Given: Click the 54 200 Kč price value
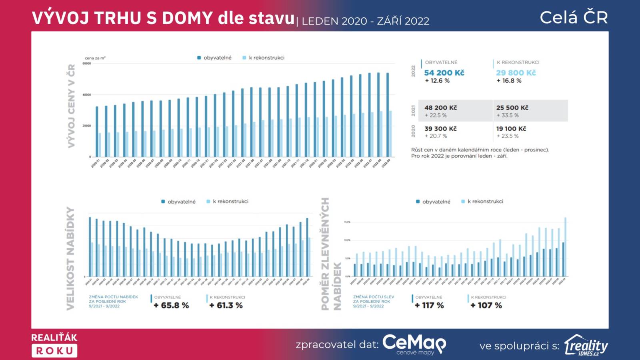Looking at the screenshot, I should tap(444, 73).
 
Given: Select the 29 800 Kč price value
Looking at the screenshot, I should tap(516, 73).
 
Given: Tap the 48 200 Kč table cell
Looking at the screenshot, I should tap(440, 108).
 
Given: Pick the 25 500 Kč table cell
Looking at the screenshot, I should tap(512, 108).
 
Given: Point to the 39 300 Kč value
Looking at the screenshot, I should tap(440, 129).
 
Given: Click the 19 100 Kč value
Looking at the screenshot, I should tap(511, 129).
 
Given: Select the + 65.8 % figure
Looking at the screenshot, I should tap(171, 306).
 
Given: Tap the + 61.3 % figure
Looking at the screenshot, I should tap(226, 306).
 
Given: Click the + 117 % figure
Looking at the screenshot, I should tap(429, 306).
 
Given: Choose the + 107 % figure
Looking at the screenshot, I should tap(486, 306).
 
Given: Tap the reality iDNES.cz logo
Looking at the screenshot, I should tap(586, 345).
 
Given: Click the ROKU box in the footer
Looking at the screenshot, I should tap(54, 351).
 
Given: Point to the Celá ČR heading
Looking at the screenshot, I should tap(574, 18).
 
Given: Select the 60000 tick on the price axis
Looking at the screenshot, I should tap(87, 64).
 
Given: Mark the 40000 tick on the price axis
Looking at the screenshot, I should tap(87, 95).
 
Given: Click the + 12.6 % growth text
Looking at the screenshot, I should tap(437, 81).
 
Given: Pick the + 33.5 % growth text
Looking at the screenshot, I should tap(508, 115).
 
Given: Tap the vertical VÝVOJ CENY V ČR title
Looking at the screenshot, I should tap(71, 106).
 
